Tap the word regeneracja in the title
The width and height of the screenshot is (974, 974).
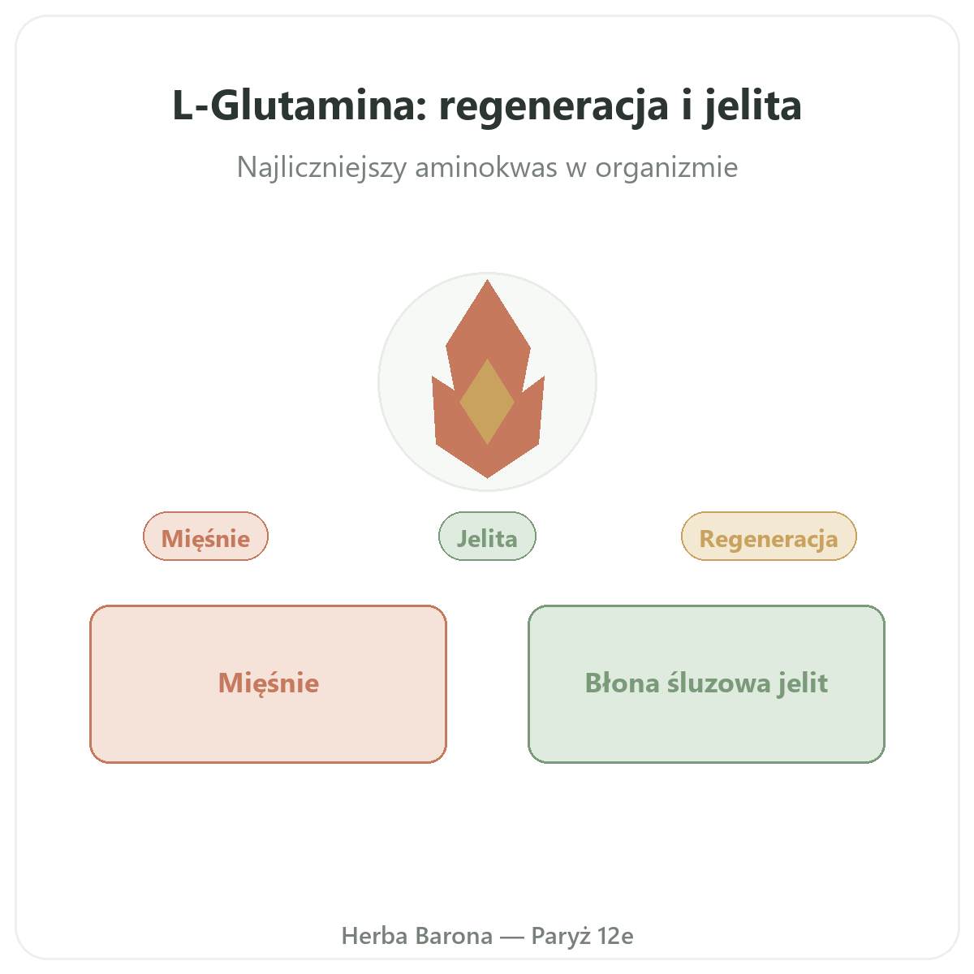tap(554, 108)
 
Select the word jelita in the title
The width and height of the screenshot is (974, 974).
tap(752, 107)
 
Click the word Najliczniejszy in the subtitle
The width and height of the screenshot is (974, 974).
tap(321, 167)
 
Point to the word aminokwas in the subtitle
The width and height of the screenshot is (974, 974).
tap(485, 167)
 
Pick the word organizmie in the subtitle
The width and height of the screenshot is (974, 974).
tap(666, 167)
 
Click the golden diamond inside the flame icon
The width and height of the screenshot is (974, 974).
tap(487, 402)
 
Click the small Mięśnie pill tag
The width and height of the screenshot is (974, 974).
tap(205, 536)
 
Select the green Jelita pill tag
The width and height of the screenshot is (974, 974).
tap(487, 536)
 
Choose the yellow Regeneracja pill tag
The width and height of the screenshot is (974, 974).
tap(769, 536)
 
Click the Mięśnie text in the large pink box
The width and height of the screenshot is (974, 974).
tap(269, 683)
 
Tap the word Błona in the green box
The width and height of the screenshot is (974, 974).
tap(623, 683)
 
